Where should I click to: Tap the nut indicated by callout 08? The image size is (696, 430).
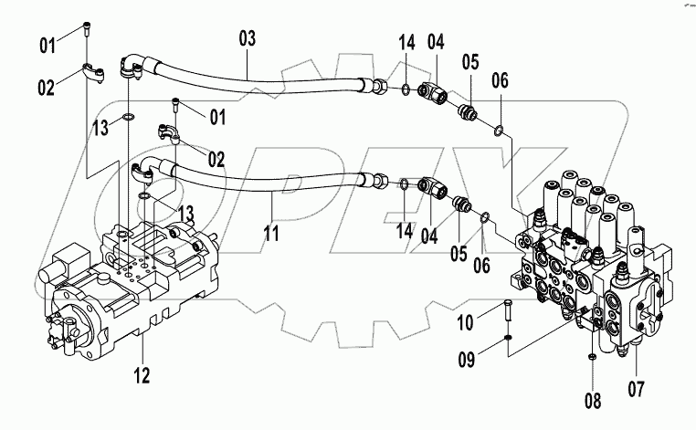tap(591, 355)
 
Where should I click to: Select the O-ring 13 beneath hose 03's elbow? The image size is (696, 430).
tap(128, 117)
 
